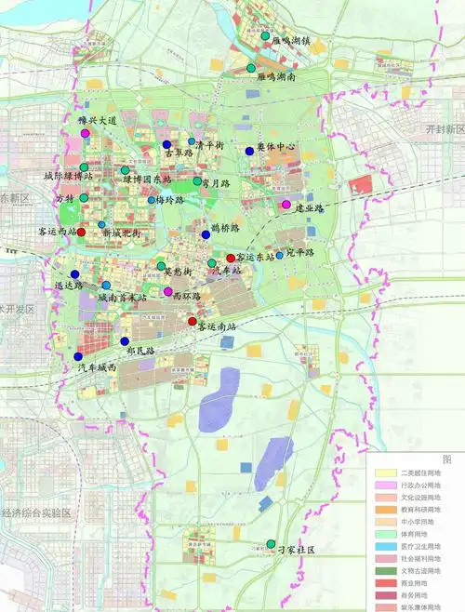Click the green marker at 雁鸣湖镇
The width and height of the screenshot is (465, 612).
point(265,37)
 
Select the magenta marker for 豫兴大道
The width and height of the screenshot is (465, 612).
point(86,134)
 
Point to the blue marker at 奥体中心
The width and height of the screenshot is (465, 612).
point(249,152)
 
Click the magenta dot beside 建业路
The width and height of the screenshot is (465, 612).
point(286,205)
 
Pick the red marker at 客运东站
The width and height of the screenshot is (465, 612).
point(231,257)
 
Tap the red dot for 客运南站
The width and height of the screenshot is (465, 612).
point(193,322)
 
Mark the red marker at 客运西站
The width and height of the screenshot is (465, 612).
point(81,232)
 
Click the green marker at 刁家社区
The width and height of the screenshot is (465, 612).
point(271,544)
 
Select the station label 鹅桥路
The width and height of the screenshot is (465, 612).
point(225,227)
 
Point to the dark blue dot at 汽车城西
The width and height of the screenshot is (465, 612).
point(78,357)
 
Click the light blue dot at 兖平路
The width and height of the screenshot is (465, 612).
point(279,255)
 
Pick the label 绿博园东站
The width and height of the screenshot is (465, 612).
point(147,178)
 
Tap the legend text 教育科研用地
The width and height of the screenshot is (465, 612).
point(418,510)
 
